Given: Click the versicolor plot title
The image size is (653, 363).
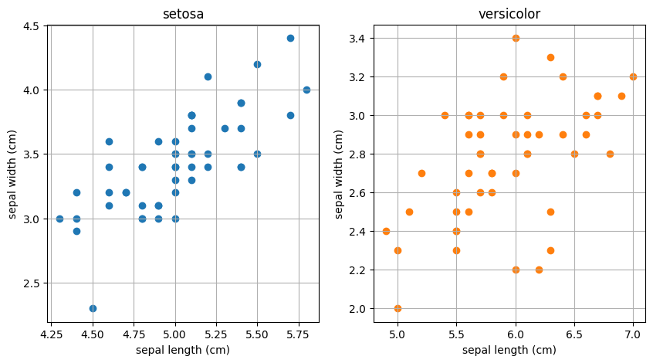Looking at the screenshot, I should click(509, 14).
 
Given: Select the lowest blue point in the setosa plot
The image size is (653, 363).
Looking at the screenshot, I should click(93, 308).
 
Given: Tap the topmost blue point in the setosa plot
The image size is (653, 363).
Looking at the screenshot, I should click(290, 38).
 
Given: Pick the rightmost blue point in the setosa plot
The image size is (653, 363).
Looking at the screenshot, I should click(306, 90).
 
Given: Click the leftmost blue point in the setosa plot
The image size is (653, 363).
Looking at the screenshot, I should click(59, 219).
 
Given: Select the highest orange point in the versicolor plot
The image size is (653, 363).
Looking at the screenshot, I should click(516, 38).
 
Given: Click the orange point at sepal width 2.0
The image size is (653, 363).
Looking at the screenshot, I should click(398, 308).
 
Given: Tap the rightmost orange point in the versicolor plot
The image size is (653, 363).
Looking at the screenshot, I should click(633, 76).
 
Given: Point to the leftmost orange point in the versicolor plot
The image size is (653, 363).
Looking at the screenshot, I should click(386, 231).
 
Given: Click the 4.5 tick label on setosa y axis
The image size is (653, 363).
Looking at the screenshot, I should click(32, 25).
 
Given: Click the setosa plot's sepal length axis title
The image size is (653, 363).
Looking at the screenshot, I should click(183, 350).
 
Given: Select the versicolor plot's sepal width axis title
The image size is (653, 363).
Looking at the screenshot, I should click(340, 173).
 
